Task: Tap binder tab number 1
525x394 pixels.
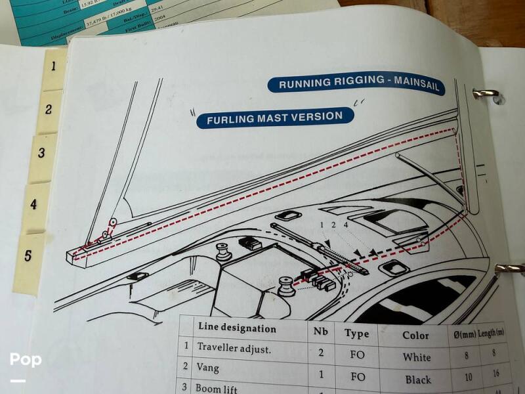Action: [53, 66]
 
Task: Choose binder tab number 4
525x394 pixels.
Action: [35, 204]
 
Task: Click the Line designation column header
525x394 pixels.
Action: [236, 329]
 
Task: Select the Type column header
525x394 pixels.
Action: [356, 334]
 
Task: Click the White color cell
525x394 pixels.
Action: [417, 357]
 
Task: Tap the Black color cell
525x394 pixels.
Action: [418, 379]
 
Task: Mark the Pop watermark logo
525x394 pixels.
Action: [25, 361]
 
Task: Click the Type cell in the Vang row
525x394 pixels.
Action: [358, 377]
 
